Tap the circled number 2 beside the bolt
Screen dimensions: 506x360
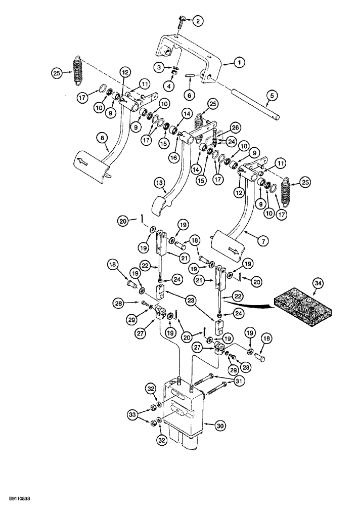tap(198, 20)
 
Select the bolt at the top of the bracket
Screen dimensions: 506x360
tap(181, 22)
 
